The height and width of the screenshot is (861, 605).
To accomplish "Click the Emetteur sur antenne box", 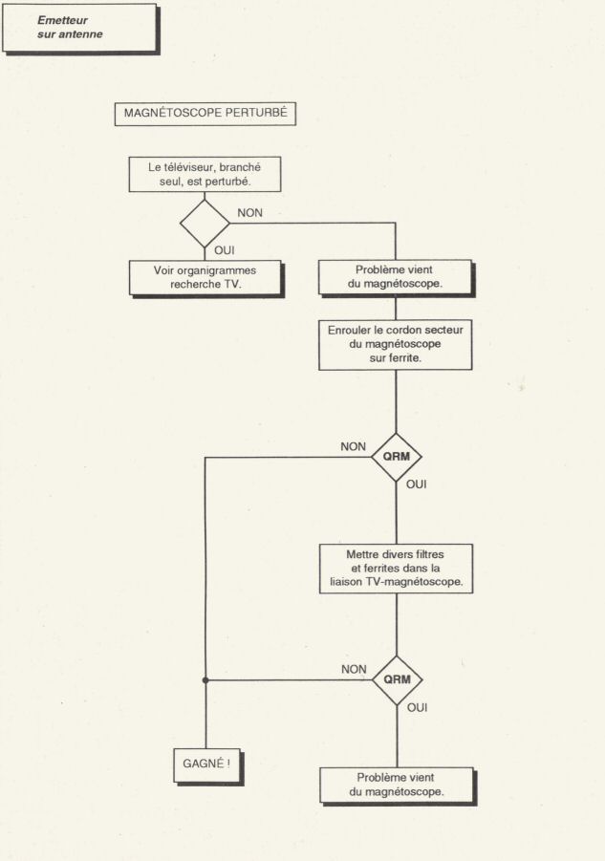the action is tap(80, 29).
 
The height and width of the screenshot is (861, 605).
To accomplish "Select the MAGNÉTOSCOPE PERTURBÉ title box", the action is tap(205, 114).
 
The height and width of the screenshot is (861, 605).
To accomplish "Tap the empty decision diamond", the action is tap(205, 223).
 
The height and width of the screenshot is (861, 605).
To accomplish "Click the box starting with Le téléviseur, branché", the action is tap(205, 174).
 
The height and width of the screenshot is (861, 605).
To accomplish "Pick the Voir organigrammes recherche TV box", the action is tap(206, 278).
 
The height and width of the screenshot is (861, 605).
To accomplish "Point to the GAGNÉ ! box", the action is tap(208, 766).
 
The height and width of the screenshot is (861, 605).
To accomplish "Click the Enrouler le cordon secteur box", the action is tap(396, 344).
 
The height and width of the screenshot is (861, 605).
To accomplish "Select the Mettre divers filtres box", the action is tap(396, 569).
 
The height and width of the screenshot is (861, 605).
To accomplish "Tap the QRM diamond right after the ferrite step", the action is tap(397, 457).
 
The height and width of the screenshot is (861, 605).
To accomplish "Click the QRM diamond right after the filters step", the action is tap(397, 679).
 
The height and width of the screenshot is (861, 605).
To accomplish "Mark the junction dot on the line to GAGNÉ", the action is tap(205, 680).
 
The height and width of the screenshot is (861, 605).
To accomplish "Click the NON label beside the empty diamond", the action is tap(249, 213).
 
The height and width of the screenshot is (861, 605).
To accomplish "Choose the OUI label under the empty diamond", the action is tap(224, 250).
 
